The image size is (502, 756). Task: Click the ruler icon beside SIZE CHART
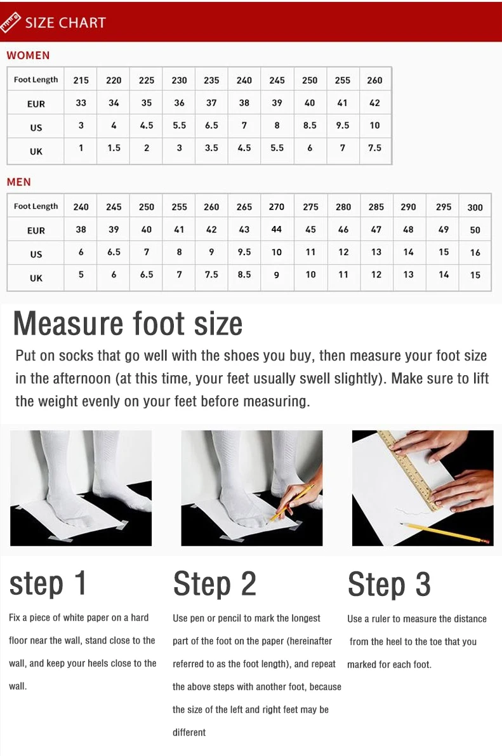pos(10,22)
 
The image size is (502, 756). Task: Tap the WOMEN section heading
pos(28,55)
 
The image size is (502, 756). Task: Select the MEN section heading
pos(19,182)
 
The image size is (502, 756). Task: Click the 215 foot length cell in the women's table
pos(81,80)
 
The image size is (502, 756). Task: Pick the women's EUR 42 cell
pos(374,103)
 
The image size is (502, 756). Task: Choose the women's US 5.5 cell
pos(180,125)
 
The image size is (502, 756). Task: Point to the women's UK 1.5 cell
pos(114,148)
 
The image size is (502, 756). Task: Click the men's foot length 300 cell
pos(475,208)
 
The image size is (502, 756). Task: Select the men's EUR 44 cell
pos(276,230)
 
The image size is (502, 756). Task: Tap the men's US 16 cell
pos(475,252)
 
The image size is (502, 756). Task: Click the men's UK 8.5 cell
pos(244,274)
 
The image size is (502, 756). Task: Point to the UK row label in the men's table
pos(36,278)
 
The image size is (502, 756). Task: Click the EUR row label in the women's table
pos(36,103)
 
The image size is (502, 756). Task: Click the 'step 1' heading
pos(48,583)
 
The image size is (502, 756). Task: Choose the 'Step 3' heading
pos(388,585)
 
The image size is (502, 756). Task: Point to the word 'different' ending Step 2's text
pos(189,733)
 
